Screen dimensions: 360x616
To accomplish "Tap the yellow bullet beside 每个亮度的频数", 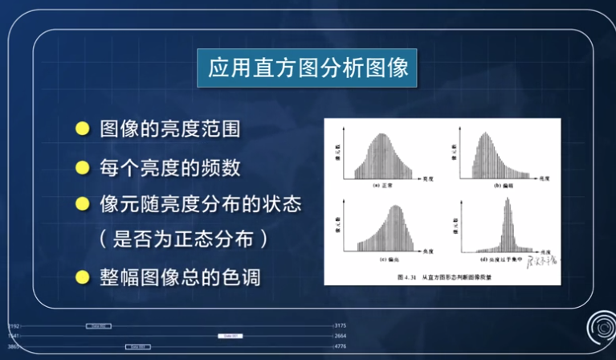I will click(81, 167).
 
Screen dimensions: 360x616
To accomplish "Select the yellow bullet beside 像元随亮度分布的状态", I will click(81, 204).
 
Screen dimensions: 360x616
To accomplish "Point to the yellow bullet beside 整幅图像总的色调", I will click(81, 278).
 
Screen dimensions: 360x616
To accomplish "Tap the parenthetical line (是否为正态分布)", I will click(182, 240).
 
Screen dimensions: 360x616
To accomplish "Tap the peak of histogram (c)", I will click(395, 209).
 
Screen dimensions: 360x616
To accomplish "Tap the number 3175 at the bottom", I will click(341, 325).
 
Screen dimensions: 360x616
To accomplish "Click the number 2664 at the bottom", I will click(341, 336).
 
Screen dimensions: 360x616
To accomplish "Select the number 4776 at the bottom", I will click(341, 346).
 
